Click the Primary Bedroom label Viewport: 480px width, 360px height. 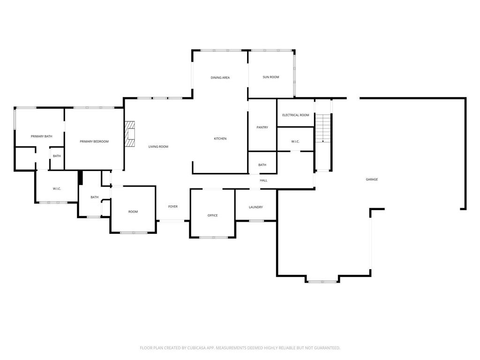pos(94,142)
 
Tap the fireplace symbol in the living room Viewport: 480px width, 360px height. pos(130,134)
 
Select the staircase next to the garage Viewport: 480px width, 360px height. pos(323,128)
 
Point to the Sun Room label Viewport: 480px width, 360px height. pos(271,77)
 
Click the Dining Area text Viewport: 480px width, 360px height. pos(220,78)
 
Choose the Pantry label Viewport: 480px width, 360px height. pos(262,127)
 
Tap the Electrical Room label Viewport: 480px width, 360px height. pos(296,115)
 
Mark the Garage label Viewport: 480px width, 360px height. pos(372,180)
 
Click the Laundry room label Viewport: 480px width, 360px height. pos(255,207)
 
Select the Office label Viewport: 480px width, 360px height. pos(212,216)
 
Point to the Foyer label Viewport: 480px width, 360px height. pos(173,207)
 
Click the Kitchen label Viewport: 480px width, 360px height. pos(220,139)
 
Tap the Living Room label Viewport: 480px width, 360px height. pos(158,147)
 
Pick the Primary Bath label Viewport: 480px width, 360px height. pos(42,136)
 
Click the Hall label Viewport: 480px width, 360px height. pos(263,180)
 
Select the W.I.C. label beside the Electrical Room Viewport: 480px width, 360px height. pos(295,142)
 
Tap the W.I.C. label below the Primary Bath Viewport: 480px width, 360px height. pos(57,189)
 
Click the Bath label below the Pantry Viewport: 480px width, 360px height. pos(262,165)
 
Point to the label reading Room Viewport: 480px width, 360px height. pos(133,212)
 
